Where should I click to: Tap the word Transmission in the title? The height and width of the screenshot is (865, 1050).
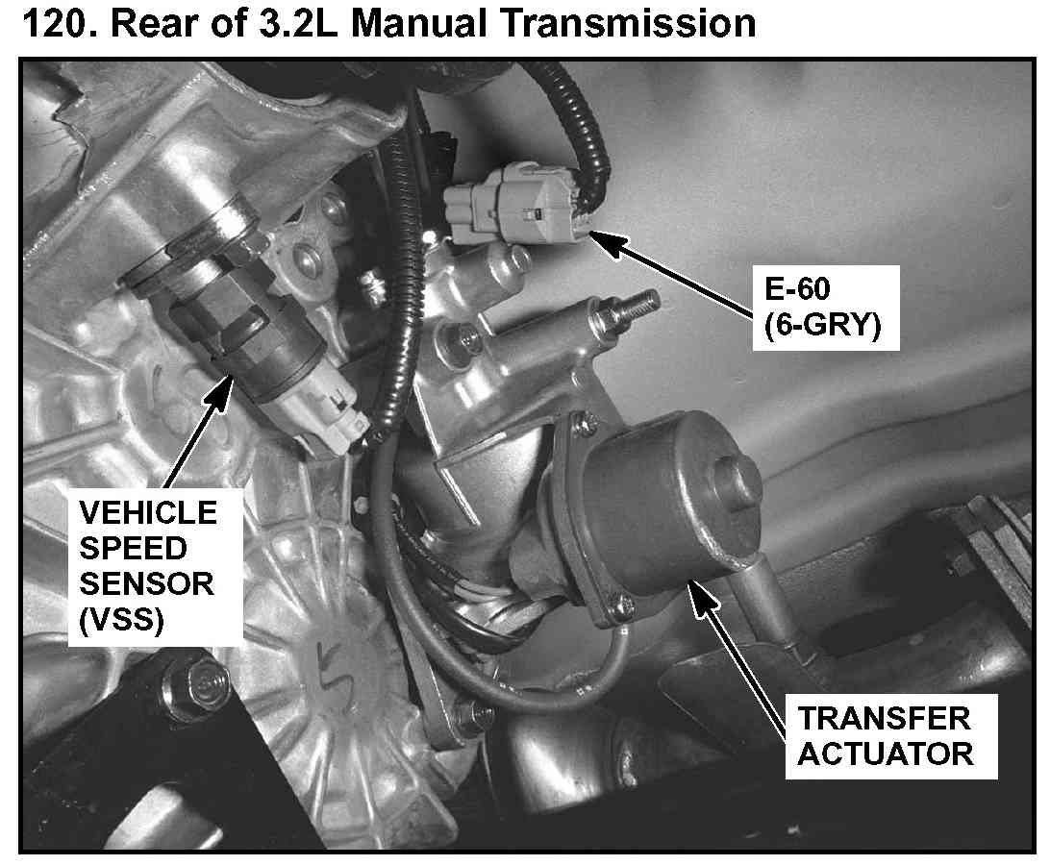point(628,23)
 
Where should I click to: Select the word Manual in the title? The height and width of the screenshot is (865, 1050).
point(418,23)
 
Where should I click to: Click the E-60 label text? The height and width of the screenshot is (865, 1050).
point(797,289)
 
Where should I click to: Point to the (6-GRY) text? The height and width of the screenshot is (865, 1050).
point(823,326)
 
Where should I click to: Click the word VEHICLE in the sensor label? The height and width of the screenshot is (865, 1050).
point(148,513)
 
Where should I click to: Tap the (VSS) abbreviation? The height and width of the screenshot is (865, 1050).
point(121,620)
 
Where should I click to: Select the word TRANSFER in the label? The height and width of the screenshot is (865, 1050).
point(884,719)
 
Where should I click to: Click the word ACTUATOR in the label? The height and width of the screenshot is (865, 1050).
point(886,754)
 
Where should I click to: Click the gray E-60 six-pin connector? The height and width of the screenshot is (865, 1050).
point(511,204)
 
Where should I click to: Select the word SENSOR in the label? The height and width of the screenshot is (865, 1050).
point(147,584)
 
